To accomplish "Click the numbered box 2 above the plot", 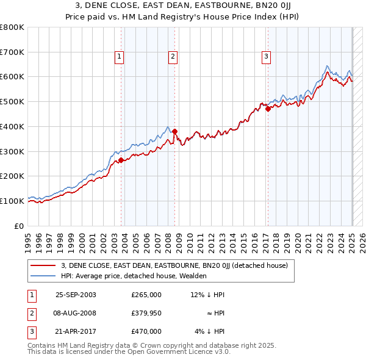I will coord(173,57).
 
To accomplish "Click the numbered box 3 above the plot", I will coord(267,57).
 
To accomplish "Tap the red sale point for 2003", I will coord(121,160).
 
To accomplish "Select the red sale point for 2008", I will coord(174,131).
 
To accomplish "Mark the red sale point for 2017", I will coord(268,109).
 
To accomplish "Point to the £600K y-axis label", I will coord(12,77).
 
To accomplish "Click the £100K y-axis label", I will coord(12,201).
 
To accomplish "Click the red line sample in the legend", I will coord(43,265).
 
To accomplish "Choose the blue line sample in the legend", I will coord(43,276).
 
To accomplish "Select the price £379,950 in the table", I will coord(146,313).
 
